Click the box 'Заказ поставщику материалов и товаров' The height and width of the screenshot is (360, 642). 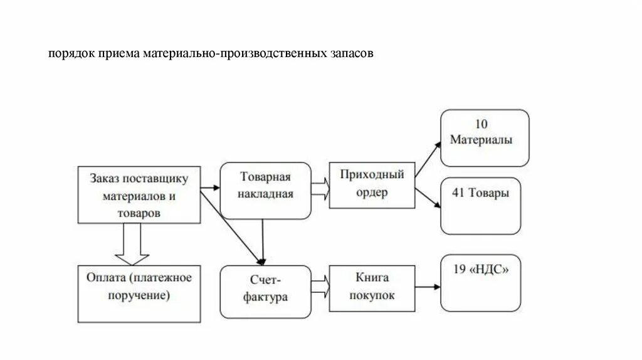138,194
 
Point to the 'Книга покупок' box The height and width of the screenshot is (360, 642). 371,287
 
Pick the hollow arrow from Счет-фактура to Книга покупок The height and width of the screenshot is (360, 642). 320,287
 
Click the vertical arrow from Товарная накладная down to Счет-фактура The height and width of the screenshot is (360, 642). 263,238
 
